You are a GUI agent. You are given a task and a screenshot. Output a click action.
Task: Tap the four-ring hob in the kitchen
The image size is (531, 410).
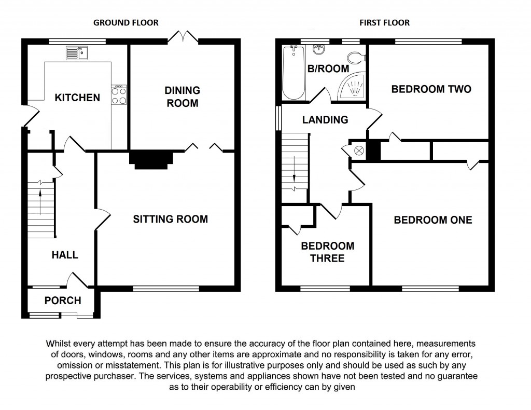(119, 95)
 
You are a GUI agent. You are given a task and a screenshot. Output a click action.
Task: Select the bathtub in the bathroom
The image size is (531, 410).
(294, 72)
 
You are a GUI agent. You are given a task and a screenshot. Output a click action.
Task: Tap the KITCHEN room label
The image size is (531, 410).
(77, 98)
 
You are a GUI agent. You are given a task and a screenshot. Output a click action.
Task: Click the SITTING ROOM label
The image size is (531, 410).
(170, 219)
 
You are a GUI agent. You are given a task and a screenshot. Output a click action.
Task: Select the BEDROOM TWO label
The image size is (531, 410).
(431, 89)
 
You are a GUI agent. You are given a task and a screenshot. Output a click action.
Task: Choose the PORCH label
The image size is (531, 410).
(63, 300)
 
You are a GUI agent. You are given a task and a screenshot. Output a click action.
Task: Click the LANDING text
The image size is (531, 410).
(325, 120)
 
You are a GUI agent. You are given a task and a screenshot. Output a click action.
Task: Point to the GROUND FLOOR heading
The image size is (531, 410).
(125, 23)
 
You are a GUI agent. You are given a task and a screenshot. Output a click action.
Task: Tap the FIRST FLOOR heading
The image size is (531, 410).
(384, 23)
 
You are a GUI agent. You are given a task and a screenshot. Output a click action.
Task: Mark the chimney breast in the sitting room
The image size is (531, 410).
(150, 159)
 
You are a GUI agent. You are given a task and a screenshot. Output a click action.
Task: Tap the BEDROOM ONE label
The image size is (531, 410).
(433, 220)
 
